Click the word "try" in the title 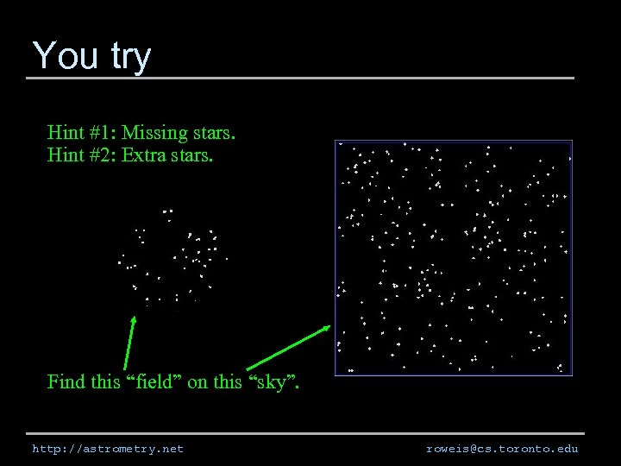point(130,57)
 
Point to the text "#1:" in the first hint point(102,133)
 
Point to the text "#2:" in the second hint point(102,156)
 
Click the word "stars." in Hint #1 point(214,133)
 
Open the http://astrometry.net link point(108,449)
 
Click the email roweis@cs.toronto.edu point(502,449)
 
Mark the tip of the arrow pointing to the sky point(330,326)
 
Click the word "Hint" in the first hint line point(65,133)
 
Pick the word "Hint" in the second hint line point(65,156)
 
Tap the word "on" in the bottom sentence point(197,381)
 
